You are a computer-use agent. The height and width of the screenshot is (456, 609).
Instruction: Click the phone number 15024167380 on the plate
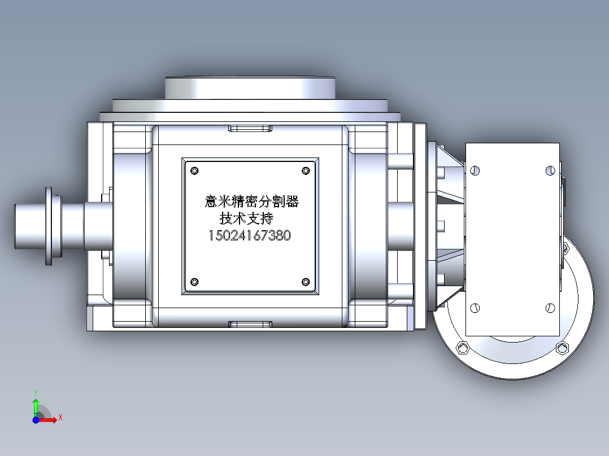[250, 235]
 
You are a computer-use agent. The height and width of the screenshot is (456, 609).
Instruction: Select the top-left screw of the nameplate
[195, 170]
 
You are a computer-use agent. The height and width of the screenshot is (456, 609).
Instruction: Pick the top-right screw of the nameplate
[306, 170]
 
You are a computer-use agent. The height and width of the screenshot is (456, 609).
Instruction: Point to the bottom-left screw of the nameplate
[195, 282]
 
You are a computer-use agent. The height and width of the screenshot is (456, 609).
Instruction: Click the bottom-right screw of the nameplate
[306, 282]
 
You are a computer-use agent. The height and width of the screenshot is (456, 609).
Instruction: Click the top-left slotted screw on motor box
[475, 170]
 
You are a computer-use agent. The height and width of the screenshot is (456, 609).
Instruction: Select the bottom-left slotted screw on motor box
[475, 308]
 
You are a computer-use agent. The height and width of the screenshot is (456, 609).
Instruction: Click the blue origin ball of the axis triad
[36, 420]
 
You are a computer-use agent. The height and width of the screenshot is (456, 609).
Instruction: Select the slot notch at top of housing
[250, 129]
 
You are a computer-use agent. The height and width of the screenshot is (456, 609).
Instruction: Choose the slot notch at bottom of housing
[250, 323]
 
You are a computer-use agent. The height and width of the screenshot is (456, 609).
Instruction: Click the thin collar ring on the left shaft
[48, 226]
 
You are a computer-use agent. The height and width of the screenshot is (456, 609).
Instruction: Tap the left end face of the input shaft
[16, 226]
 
